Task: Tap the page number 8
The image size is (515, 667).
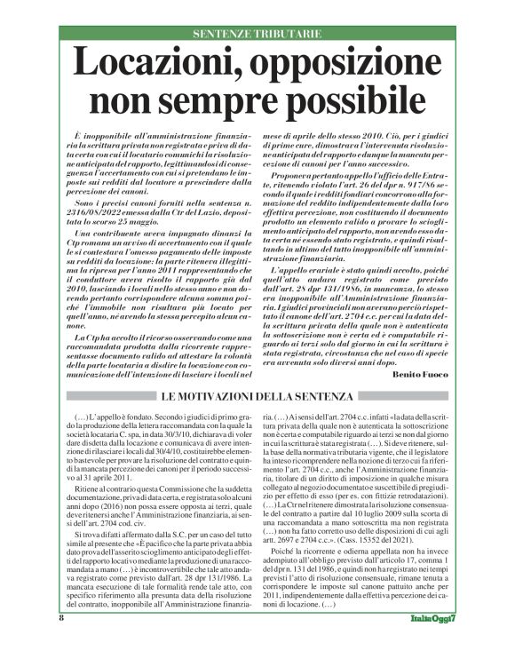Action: [61, 642]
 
